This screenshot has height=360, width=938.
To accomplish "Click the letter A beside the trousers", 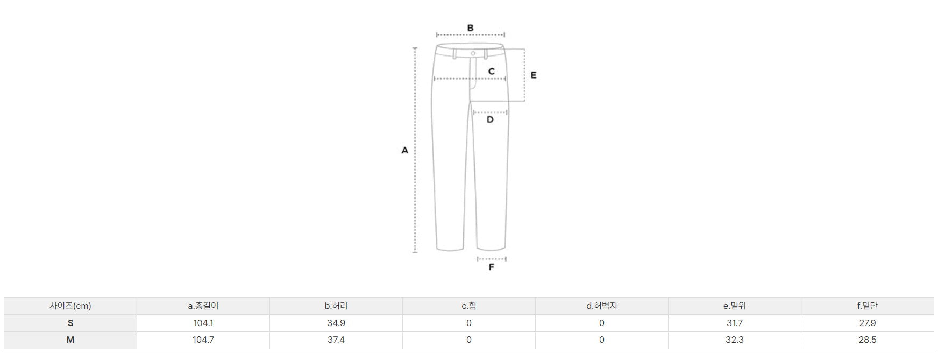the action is (405, 151).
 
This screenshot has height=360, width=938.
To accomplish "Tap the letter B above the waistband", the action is (470, 28).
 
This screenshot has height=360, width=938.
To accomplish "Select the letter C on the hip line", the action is (492, 71).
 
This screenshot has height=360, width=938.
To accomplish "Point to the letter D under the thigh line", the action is (490, 119).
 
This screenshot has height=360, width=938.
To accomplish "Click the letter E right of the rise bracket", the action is (534, 75).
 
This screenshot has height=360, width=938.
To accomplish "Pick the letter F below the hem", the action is (491, 267).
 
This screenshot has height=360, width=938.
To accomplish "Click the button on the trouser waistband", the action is (473, 53).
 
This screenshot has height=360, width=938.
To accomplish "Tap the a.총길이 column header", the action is (203, 306).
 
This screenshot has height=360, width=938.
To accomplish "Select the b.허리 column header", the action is (336, 306).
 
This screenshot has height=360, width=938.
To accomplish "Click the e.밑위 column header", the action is (735, 306).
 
